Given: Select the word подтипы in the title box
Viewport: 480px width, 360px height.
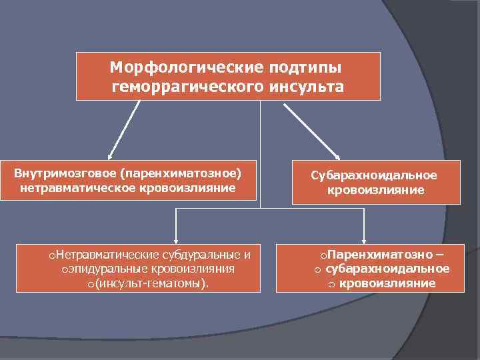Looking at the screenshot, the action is [x=304, y=68].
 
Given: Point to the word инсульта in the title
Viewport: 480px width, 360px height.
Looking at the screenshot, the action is [x=307, y=87].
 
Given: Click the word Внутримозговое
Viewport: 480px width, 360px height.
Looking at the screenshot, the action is [x=64, y=173].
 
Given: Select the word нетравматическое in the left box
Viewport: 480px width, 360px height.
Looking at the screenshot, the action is [x=67, y=187].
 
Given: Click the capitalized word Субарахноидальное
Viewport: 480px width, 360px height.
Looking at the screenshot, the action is [x=374, y=175].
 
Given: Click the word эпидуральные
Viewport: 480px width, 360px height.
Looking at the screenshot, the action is [x=102, y=269].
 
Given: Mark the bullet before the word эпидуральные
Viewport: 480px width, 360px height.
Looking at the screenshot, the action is [x=64, y=270].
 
